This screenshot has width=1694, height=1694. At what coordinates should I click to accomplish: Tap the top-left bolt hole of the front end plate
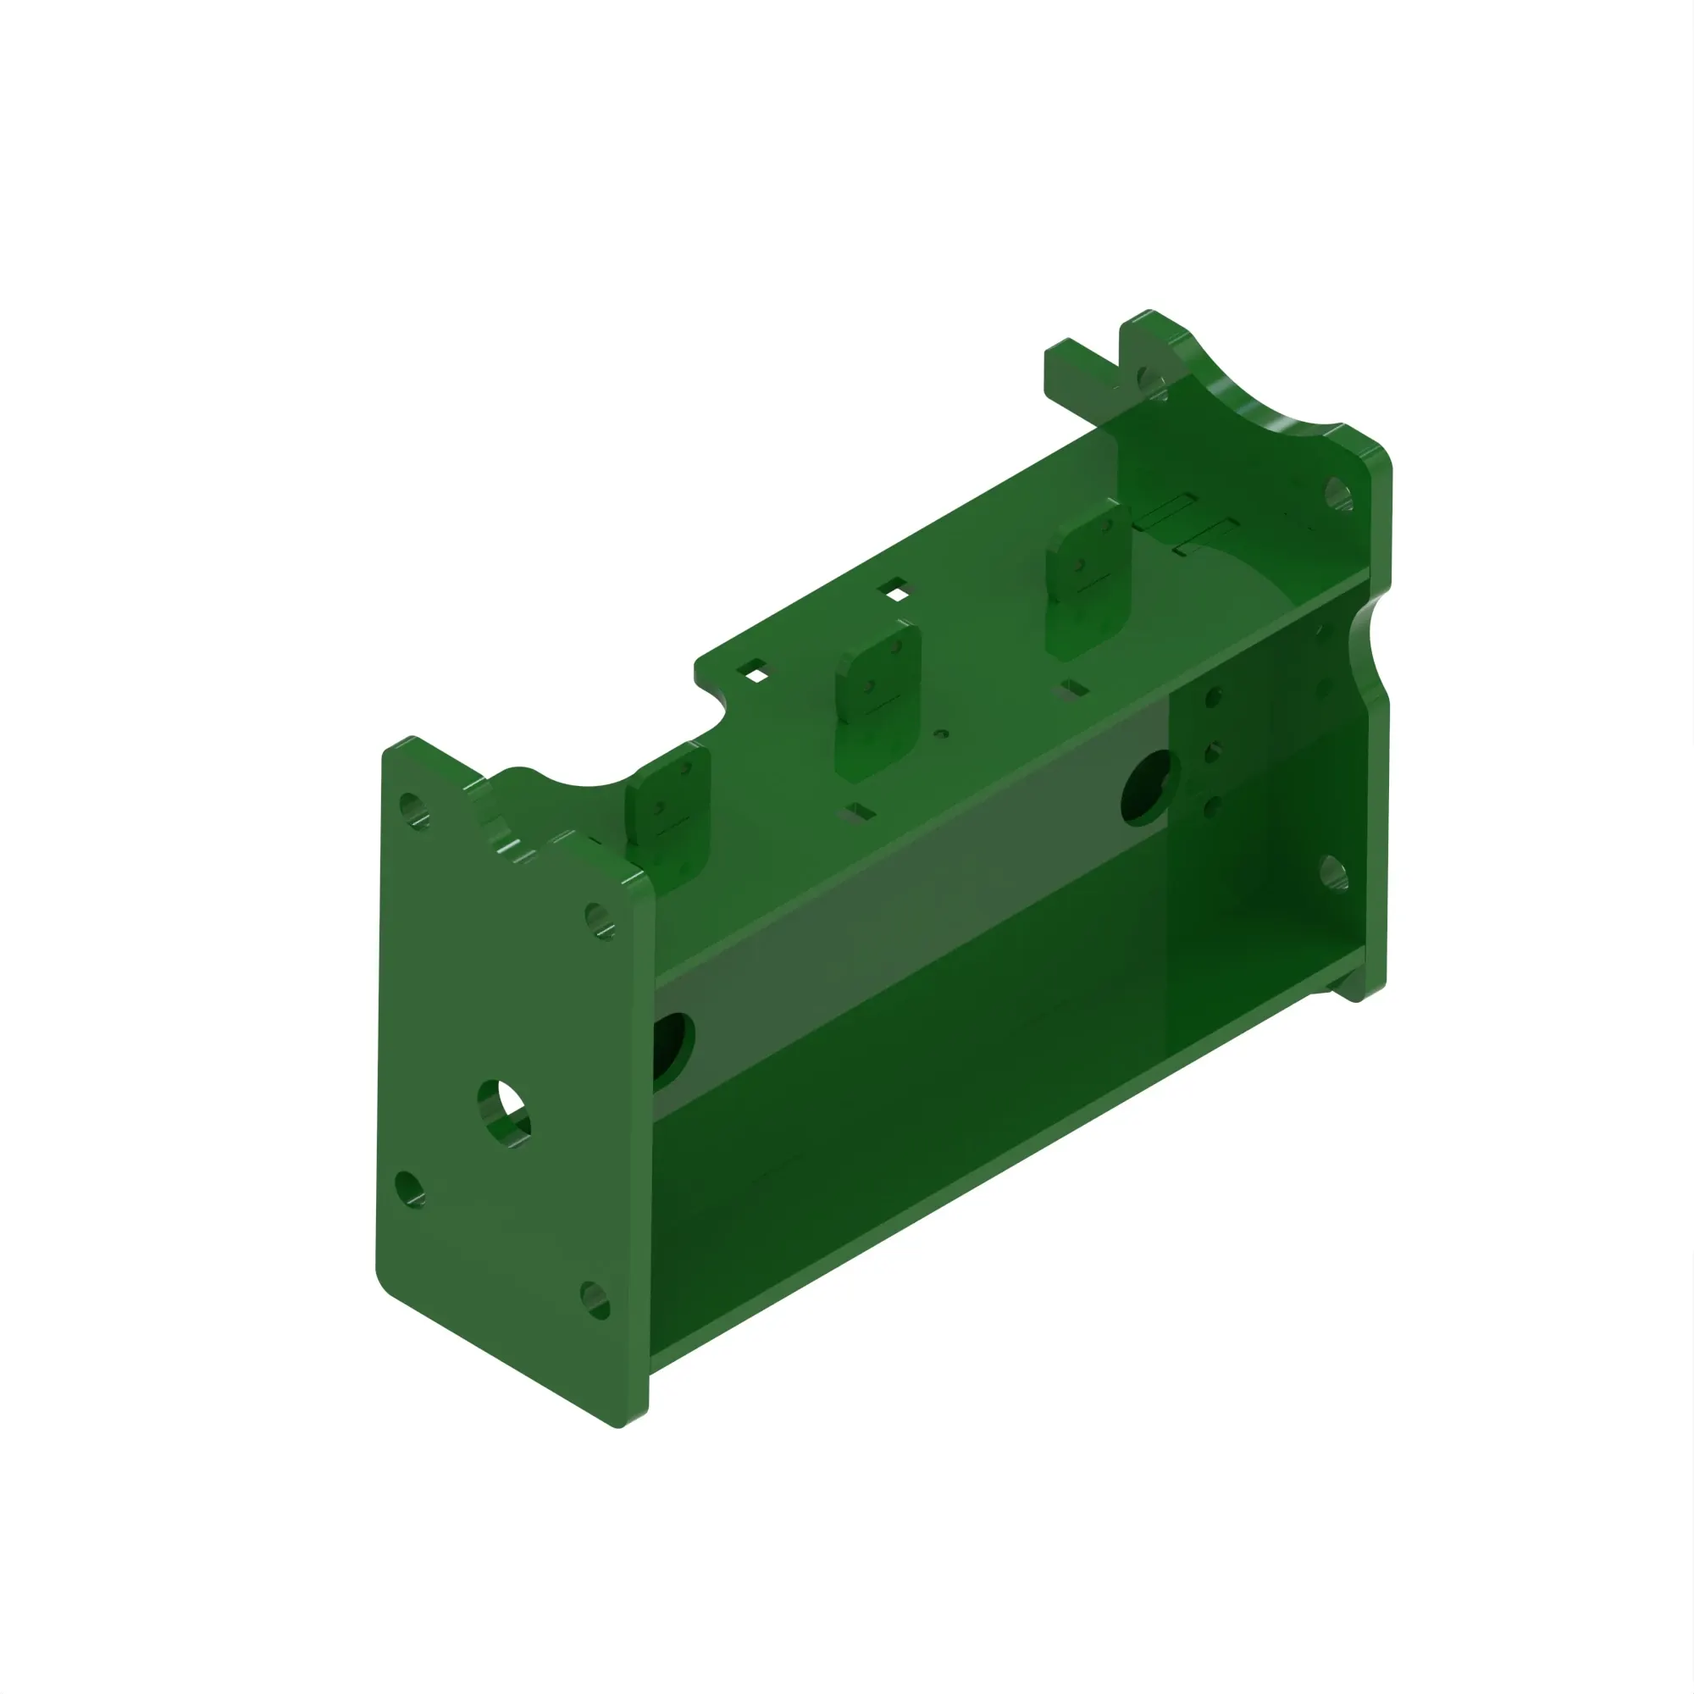[414, 809]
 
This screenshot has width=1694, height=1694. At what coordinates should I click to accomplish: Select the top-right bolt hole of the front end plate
[600, 920]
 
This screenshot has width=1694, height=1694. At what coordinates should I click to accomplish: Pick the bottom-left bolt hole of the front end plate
[409, 1189]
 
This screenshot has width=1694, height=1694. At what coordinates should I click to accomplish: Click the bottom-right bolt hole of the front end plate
[595, 1298]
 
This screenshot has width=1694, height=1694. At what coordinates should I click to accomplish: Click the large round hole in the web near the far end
[1147, 788]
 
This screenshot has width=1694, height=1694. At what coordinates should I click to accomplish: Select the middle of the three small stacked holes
[1214, 752]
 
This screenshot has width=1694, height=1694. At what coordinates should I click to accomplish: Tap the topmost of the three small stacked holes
[1215, 698]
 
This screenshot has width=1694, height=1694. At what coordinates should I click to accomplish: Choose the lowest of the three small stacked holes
[1214, 805]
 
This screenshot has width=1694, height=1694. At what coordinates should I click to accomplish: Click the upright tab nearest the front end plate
[667, 812]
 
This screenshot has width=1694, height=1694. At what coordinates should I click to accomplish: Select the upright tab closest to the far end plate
[1088, 579]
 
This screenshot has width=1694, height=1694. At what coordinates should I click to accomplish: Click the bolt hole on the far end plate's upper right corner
[1337, 494]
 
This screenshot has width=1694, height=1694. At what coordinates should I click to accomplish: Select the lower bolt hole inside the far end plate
[1332, 872]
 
